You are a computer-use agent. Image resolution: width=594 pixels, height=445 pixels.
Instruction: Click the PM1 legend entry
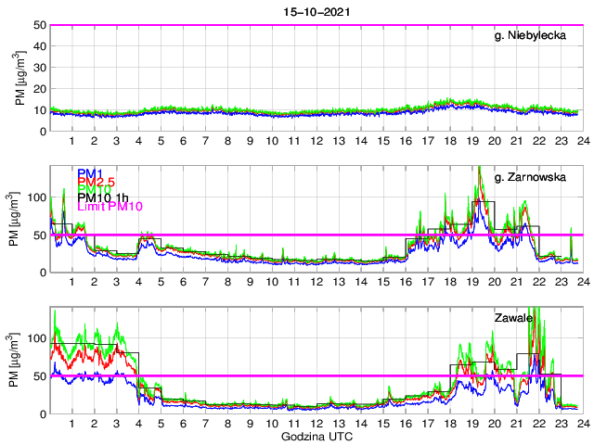pos(90,173)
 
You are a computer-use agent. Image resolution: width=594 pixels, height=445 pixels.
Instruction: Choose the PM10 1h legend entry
pos(102,197)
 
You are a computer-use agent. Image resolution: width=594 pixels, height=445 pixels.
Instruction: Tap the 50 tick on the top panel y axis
pos(40,25)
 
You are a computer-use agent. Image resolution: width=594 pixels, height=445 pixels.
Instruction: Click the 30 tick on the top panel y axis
pos(40,68)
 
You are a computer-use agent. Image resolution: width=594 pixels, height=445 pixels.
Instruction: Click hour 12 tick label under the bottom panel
pos(316,424)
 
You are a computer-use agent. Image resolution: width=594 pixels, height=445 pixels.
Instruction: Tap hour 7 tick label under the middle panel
pos(205,283)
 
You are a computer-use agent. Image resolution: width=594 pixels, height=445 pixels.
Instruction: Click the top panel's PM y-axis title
pos(20,78)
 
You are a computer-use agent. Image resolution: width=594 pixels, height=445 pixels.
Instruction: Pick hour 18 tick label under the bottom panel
pos(449,424)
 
